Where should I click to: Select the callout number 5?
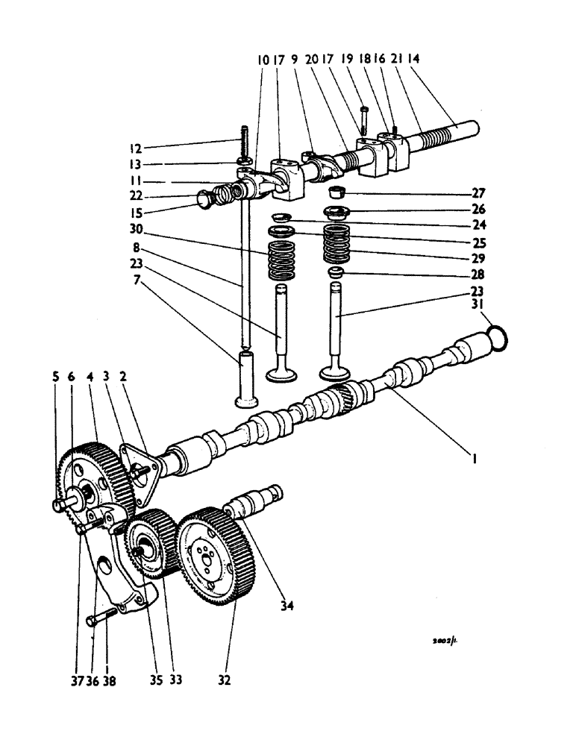55,377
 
